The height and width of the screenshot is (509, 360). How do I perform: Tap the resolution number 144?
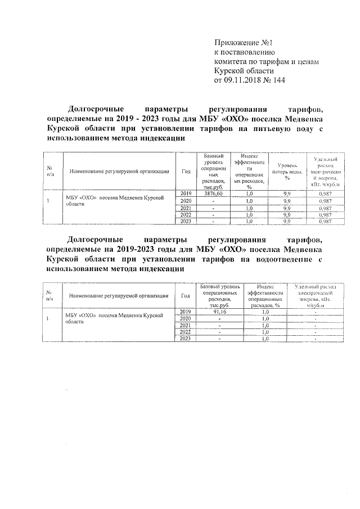point(279,80)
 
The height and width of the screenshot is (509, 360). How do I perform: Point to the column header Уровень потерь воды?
point(286,171)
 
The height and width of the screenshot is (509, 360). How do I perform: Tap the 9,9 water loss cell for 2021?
point(286,208)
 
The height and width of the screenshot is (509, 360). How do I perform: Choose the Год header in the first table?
point(186,171)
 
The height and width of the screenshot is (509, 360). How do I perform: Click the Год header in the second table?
point(186,295)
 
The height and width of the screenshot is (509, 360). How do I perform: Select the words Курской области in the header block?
point(244,71)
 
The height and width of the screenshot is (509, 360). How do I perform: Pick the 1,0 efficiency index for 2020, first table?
point(249,201)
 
